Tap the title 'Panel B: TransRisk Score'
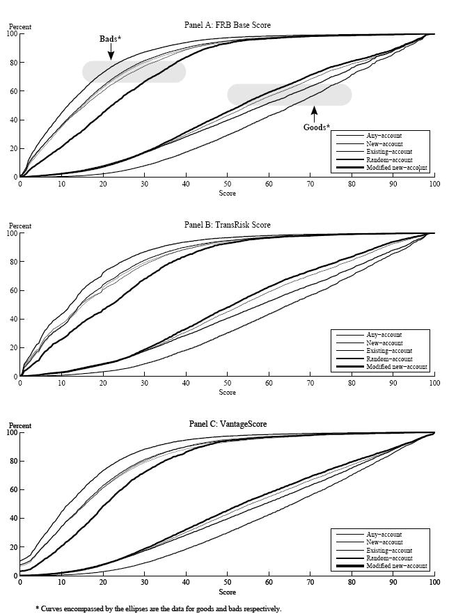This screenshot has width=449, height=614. click(227, 225)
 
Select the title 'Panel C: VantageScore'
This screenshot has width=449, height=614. click(227, 424)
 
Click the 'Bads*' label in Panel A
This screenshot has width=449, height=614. click(110, 39)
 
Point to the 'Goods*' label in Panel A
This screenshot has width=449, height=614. click(316, 127)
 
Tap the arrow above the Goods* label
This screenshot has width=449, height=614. click(314, 113)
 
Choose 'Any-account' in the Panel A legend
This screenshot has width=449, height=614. click(384, 136)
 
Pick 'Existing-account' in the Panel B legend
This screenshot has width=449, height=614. click(389, 351)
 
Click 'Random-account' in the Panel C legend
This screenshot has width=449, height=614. click(388, 558)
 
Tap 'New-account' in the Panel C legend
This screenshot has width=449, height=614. click(384, 542)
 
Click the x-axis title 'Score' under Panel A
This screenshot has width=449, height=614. click(227, 193)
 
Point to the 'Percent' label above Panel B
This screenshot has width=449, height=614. click(20, 226)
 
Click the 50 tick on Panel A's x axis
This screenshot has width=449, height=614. click(227, 184)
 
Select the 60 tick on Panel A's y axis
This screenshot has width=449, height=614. click(13, 91)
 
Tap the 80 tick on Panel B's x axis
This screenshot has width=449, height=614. click(352, 384)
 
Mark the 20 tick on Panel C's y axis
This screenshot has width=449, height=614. click(13, 547)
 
